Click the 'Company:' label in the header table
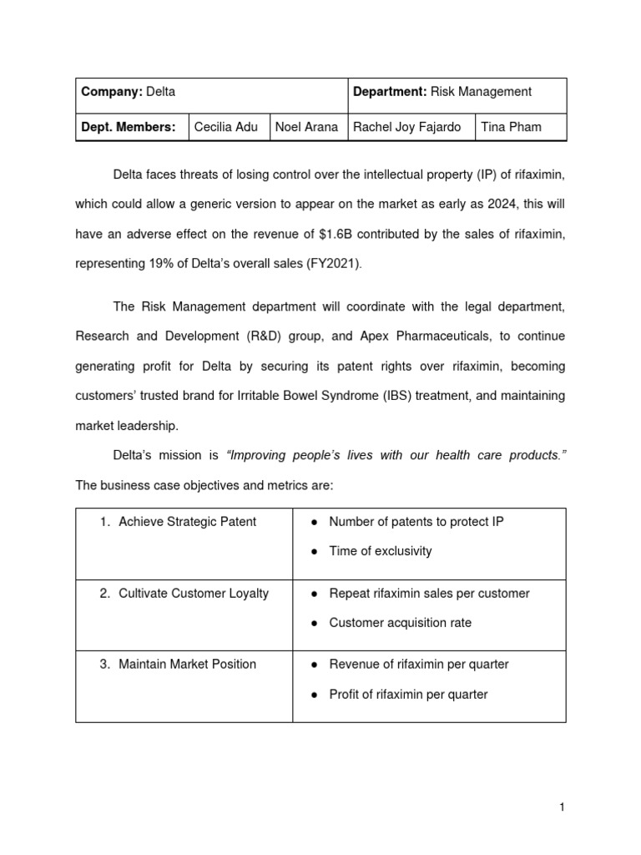click(x=112, y=92)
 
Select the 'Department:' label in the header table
click(x=390, y=92)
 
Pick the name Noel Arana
click(x=306, y=127)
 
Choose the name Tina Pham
click(x=511, y=127)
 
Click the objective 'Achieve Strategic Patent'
click(x=187, y=522)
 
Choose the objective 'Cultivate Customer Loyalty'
click(x=194, y=593)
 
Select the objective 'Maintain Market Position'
click(x=187, y=664)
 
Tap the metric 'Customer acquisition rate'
click(x=400, y=623)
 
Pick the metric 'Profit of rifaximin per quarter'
click(x=408, y=694)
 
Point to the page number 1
click(x=563, y=807)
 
